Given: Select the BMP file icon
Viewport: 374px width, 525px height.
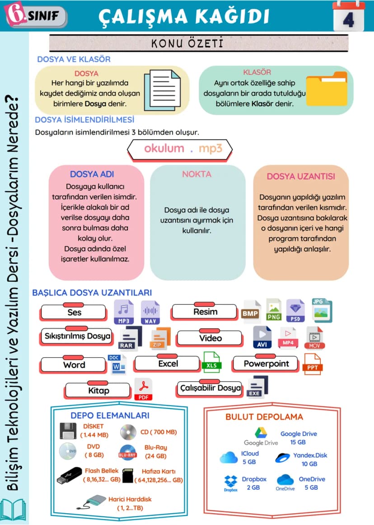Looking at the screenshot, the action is pos(251,312).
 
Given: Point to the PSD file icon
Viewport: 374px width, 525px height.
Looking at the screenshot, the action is pos(295,311).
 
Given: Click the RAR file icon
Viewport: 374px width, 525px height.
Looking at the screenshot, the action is pos(130,338).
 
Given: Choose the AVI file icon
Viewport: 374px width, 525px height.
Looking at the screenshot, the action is pos(262,337).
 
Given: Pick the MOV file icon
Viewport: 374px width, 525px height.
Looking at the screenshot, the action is pos(314,338).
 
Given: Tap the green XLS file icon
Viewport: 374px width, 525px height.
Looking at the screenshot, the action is pos(211,362).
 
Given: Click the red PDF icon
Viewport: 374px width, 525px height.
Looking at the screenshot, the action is pos(143,389).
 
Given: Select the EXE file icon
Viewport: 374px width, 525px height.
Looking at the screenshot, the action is pos(257,387).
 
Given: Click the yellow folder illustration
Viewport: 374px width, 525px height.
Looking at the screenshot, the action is pos(327,89).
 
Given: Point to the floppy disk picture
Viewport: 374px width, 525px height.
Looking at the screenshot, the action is pos(68,431).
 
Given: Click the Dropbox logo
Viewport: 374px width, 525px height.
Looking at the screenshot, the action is pos(231,483).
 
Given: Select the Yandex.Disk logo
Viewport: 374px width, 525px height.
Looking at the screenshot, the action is pos(282,457).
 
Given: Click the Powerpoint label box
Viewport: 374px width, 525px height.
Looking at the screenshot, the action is pos(266,363).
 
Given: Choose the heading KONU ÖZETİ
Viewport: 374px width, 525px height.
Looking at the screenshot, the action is pos(187,43).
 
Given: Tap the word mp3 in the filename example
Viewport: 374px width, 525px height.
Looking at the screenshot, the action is pos(210,148).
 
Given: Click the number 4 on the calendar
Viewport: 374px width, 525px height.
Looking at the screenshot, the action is pos(349,20).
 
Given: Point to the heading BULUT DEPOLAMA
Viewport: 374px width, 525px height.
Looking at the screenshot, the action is pos(264,417).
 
